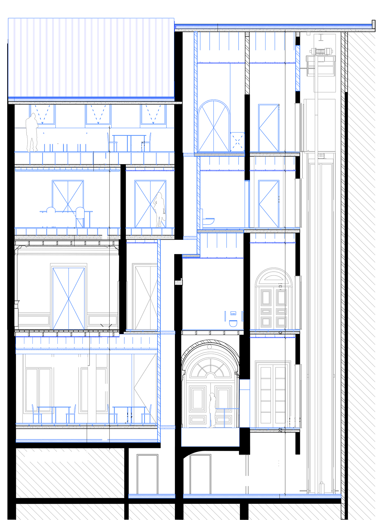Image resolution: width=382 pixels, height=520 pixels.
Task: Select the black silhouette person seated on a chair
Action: tap(110, 136)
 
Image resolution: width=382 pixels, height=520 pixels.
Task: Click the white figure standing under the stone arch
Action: tap(212, 409)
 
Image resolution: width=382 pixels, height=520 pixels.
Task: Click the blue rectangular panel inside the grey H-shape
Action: tap(68, 297)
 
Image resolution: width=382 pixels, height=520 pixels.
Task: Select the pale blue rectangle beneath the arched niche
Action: tap(210, 437)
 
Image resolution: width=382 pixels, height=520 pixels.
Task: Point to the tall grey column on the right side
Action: tap(320, 260)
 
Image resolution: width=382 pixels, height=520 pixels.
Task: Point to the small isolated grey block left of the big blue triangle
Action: tap(179, 282)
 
